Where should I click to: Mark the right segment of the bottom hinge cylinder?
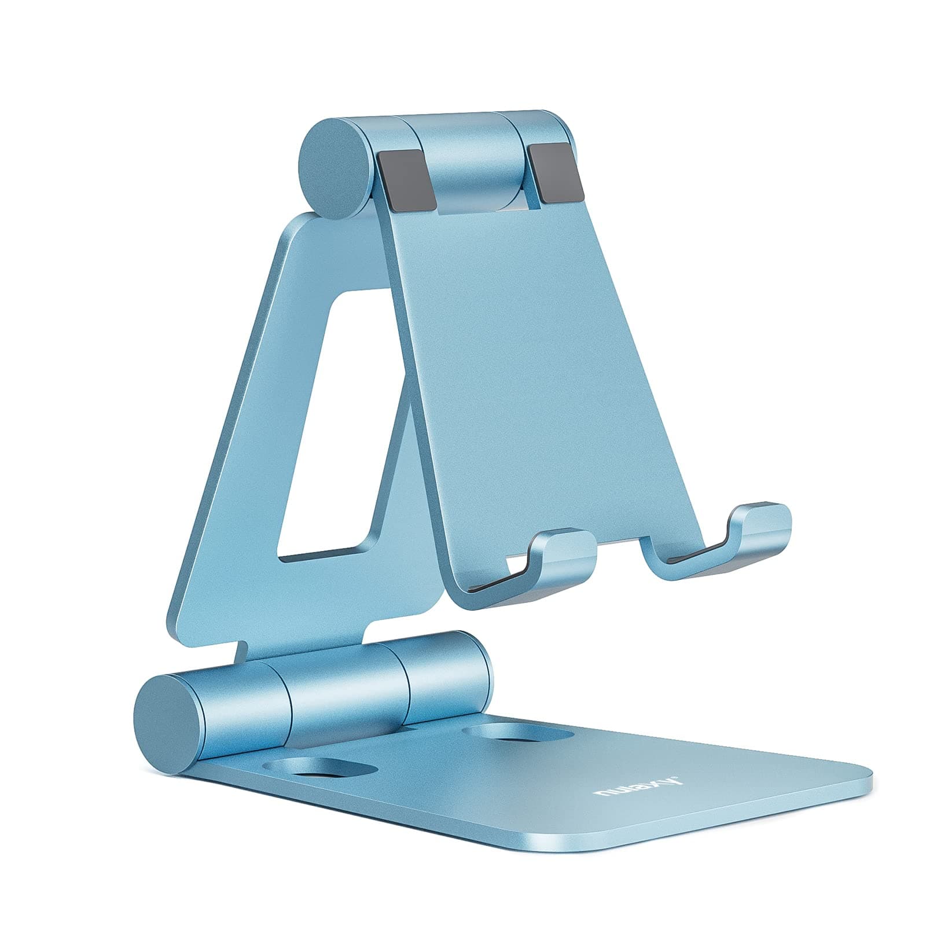tap(446, 680)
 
